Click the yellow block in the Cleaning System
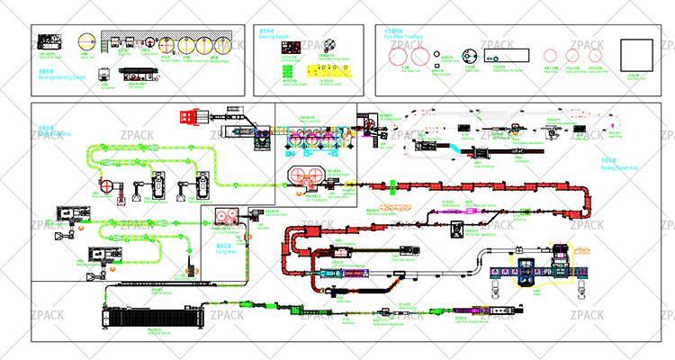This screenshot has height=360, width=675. (x=324, y=69)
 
